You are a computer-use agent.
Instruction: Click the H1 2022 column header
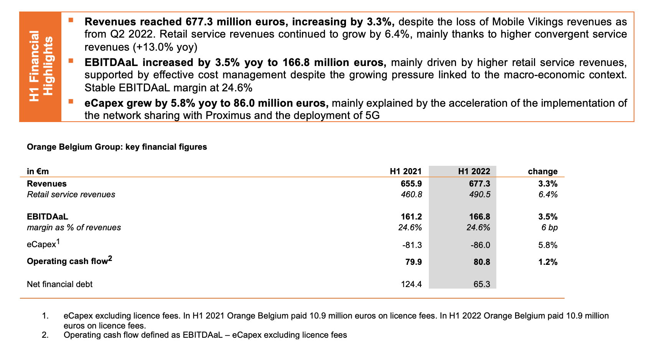point(474,171)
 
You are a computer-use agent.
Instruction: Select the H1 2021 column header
point(406,171)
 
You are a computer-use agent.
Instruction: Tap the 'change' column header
point(543,171)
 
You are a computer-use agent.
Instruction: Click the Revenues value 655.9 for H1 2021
point(411,183)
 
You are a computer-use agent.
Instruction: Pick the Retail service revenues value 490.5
point(480,195)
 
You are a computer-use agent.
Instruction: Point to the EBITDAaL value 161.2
point(411,216)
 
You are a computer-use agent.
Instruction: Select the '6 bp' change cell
point(549,228)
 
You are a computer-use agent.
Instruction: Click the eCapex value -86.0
point(480,245)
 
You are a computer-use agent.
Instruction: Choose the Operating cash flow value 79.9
point(413,262)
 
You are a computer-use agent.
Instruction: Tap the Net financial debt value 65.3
point(482,284)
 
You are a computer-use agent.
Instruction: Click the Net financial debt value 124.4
point(411,284)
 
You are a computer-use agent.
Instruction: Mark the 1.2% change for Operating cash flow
point(548,262)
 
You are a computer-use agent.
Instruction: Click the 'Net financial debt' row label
point(60,284)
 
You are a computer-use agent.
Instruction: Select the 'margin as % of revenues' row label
point(74,228)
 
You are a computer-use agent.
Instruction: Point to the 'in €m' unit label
point(38,171)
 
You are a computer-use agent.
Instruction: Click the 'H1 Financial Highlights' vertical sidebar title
point(41,66)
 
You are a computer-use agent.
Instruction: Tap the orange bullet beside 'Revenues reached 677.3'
point(71,20)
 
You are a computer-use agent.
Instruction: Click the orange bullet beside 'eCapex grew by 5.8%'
point(71,101)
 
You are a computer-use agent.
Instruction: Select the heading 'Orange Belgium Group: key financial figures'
point(117,147)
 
